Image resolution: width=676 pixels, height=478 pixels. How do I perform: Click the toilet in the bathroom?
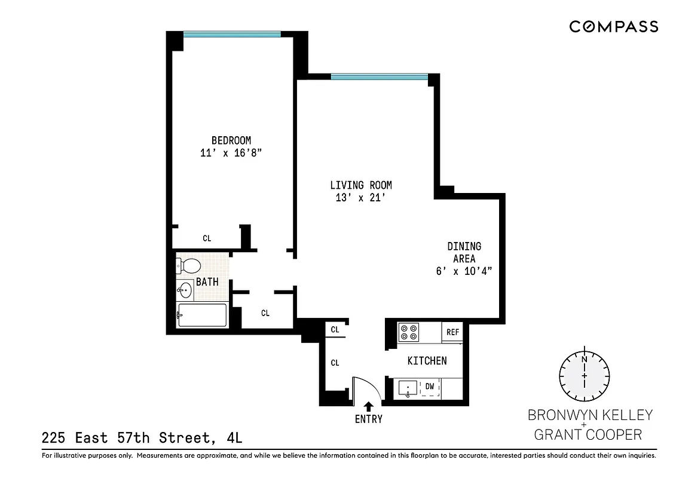[x=189, y=265]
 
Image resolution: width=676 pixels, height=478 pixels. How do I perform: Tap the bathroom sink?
[x=185, y=291]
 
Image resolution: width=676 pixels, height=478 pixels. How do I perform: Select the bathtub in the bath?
[x=202, y=315]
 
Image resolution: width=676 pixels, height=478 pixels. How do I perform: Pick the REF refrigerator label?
[x=452, y=332]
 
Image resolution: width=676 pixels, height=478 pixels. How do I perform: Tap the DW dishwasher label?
[x=429, y=386]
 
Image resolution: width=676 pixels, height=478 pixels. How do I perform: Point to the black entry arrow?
[x=368, y=406]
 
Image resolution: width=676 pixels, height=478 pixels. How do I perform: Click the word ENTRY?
[x=368, y=419]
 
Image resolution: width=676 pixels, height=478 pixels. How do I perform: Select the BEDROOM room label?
[x=231, y=140]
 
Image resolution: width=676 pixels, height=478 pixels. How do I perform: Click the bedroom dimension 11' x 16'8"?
[x=231, y=153]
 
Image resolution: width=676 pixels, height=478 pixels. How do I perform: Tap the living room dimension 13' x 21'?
[x=360, y=198]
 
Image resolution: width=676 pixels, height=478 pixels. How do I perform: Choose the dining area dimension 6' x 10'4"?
[x=464, y=271]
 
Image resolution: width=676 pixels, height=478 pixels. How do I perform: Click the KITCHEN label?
[x=427, y=361]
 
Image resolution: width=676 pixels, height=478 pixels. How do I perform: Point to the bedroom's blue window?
[x=231, y=34]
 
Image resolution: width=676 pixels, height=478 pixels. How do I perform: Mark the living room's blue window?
[x=379, y=76]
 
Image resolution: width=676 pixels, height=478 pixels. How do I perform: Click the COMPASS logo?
[x=613, y=26]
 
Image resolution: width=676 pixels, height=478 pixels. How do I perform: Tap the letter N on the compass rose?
[x=584, y=360]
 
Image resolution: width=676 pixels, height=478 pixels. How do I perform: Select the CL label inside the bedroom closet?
[x=207, y=238]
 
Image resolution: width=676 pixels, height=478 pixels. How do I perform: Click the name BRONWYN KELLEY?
[x=589, y=415]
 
